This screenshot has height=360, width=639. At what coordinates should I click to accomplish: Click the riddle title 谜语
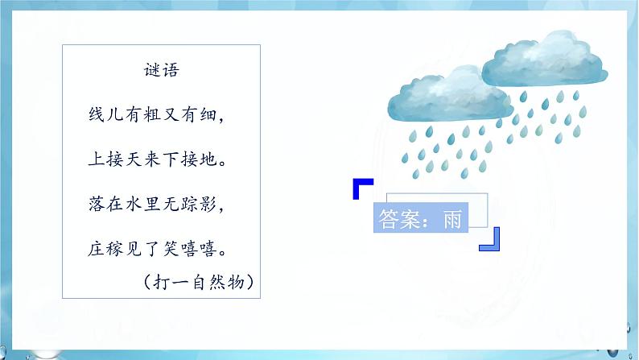[x=161, y=69]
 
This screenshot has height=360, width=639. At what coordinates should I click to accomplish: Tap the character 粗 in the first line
[x=155, y=114]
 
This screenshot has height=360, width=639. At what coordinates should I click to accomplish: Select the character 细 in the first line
[x=212, y=114]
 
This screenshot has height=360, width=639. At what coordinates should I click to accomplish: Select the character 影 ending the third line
[x=212, y=203]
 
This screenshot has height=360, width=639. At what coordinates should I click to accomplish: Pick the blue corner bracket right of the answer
[x=489, y=238]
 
